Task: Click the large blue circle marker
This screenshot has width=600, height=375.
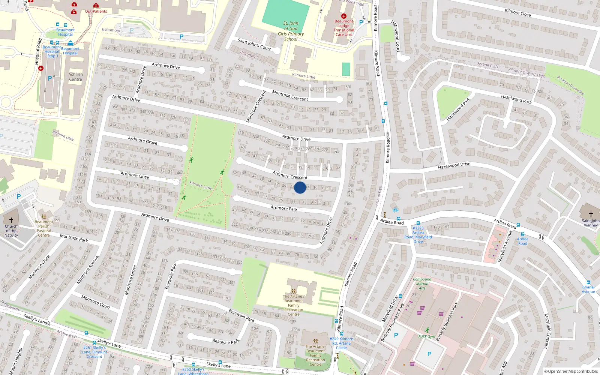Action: (300, 187)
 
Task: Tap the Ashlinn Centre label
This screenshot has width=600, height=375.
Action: (75, 77)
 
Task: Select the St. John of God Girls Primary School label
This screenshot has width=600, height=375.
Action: (291, 31)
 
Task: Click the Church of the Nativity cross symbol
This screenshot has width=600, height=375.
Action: (11, 220)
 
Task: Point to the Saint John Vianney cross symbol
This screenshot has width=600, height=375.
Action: (591, 214)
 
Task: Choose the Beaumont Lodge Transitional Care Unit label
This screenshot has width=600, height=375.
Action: (344, 28)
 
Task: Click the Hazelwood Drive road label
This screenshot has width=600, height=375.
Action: (454, 165)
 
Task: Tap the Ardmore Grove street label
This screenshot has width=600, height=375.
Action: (142, 141)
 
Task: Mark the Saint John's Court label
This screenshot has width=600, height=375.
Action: (254, 44)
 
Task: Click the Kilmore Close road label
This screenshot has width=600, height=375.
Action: (517, 13)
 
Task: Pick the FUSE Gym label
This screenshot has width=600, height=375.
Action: (427, 336)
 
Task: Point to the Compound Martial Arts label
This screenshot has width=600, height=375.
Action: (422, 283)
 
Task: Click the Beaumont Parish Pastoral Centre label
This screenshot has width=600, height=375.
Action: (44, 228)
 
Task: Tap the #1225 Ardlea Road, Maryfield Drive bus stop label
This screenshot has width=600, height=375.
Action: (418, 235)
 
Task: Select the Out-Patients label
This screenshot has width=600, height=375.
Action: (96, 11)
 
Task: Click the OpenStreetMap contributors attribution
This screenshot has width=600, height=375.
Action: (571, 371)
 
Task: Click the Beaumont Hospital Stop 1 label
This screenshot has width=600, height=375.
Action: (51, 51)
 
